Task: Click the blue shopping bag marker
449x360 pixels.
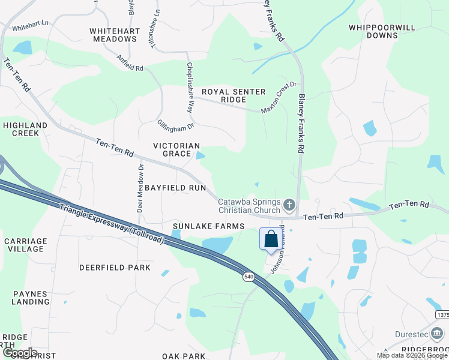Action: (x=271, y=239)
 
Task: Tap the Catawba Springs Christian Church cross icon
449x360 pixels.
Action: (x=289, y=206)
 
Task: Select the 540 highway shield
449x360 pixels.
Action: (x=249, y=277)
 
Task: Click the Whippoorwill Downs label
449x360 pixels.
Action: (x=373, y=31)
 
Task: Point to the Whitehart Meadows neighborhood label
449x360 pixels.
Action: (x=113, y=35)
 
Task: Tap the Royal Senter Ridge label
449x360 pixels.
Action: (x=234, y=95)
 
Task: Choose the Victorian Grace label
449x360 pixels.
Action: (x=176, y=149)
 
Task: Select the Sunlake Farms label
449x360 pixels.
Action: (x=208, y=226)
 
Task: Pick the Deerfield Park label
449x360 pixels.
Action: (x=115, y=267)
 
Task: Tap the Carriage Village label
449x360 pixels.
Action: (x=25, y=245)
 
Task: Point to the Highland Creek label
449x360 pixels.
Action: (x=25, y=129)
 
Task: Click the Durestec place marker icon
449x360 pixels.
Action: (x=438, y=332)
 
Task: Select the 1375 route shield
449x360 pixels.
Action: (x=442, y=315)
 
